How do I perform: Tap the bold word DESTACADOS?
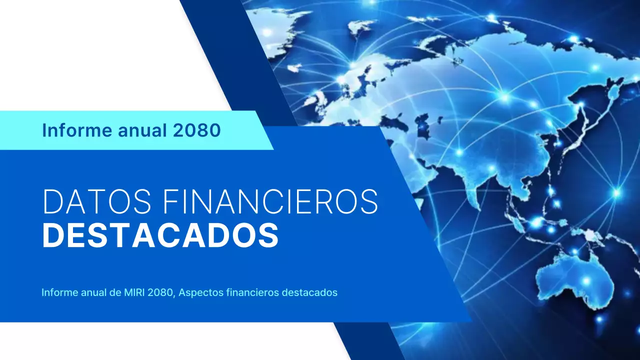(160, 235)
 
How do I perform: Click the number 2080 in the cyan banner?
(197, 130)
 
